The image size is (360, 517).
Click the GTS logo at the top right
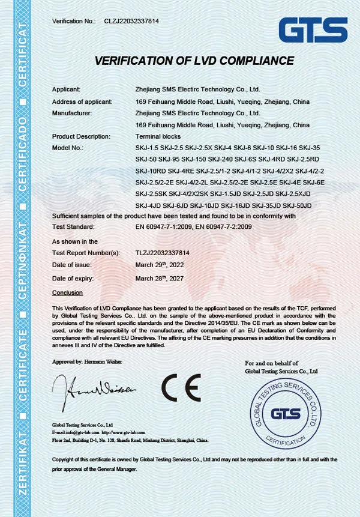coord(313,29)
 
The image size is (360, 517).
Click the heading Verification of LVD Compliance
coord(194,61)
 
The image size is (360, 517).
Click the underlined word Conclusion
coord(67,292)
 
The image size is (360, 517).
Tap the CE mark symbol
coord(181,388)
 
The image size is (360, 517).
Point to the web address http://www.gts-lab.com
coord(124,432)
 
